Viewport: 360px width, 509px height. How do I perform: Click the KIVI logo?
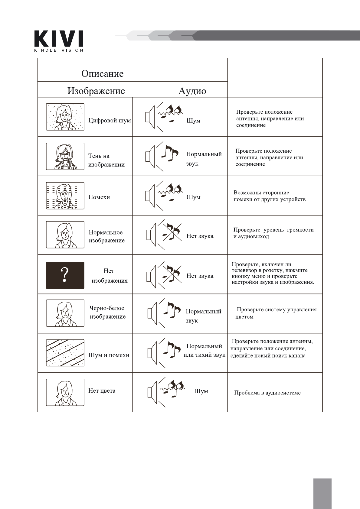click(59, 41)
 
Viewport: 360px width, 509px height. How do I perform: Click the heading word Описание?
click(102, 74)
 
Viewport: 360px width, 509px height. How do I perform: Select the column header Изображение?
click(96, 91)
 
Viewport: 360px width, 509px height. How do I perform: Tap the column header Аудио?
click(192, 91)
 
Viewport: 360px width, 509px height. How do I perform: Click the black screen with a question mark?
click(65, 275)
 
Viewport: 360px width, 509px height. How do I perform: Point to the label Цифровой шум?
click(110, 121)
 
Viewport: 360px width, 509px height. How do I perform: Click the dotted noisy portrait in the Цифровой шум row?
click(65, 117)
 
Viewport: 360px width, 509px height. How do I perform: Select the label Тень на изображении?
click(106, 160)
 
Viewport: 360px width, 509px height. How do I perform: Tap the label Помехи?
click(99, 197)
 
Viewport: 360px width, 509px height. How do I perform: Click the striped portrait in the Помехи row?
click(65, 196)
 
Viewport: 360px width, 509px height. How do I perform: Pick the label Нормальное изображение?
click(106, 236)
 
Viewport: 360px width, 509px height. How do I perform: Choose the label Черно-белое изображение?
click(107, 312)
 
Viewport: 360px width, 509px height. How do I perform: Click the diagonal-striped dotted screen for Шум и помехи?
click(65, 353)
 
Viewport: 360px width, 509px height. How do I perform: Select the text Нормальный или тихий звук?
click(204, 351)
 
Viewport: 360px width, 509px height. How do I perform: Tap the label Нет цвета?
click(102, 391)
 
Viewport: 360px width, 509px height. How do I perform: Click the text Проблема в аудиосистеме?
click(267, 393)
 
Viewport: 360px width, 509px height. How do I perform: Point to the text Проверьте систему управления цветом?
click(276, 313)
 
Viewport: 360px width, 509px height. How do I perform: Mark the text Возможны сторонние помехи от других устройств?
click(269, 196)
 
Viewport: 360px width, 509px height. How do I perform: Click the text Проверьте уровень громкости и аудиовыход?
click(273, 233)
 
